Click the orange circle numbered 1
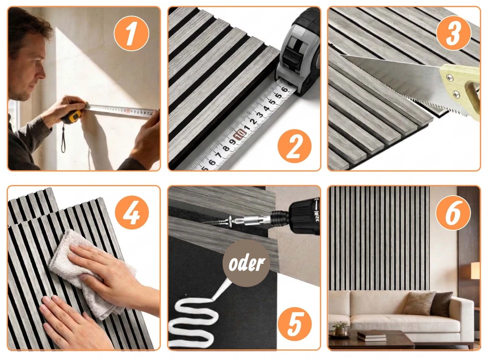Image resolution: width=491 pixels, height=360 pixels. pyautogui.click(x=131, y=33)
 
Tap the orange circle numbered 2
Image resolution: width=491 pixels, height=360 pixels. pyautogui.click(x=294, y=146)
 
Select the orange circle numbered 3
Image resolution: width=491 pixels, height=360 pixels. pyautogui.click(x=453, y=32)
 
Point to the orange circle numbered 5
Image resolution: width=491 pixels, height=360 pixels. pyautogui.click(x=294, y=322)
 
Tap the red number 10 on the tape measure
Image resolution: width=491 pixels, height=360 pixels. pyautogui.click(x=240, y=134)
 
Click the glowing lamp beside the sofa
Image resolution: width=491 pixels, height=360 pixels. pyautogui.click(x=475, y=271)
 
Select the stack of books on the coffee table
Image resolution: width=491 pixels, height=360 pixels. pyautogui.click(x=371, y=335)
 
